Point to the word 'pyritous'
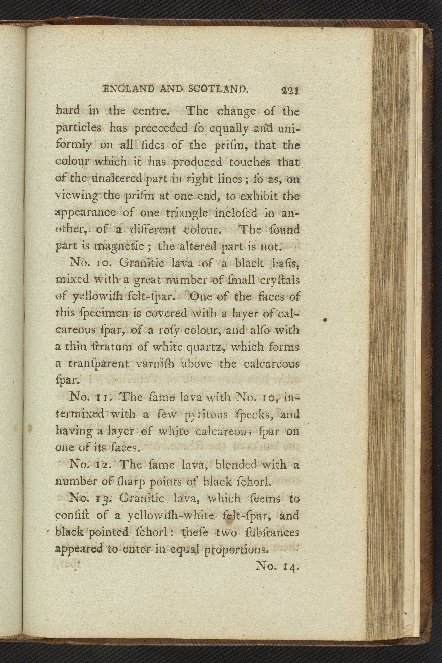click(x=206, y=415)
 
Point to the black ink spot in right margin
click(x=325, y=320)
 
